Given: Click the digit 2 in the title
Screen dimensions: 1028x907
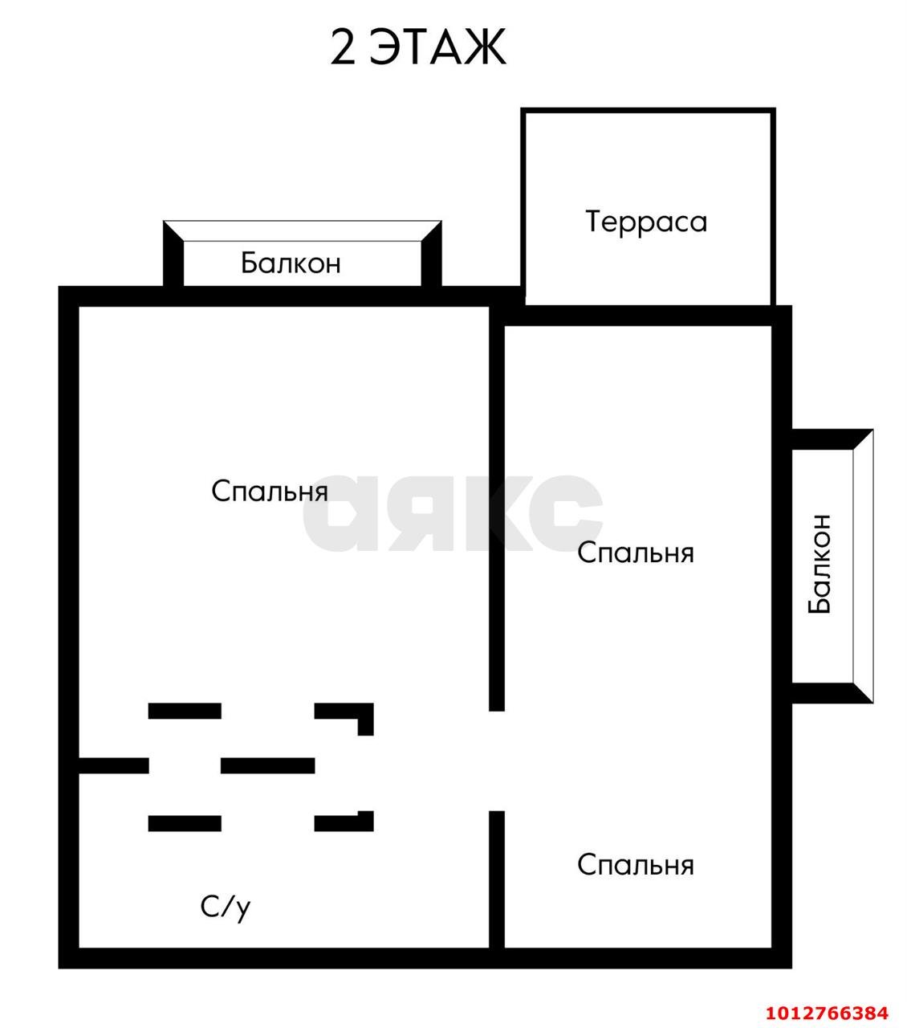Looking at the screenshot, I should pos(343,47).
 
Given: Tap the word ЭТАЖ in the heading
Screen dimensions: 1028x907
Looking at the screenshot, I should pos(438,47).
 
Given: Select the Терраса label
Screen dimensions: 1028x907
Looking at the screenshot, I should pos(646,222).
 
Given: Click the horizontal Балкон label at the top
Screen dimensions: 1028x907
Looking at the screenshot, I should pos(291,263).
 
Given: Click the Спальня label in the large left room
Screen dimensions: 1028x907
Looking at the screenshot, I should pos(270,491).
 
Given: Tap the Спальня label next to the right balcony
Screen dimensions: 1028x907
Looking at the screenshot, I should pos(635,553).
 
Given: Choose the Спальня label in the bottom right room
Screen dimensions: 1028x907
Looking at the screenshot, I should pos(635,865).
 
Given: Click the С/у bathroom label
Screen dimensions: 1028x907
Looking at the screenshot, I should pos(226,907).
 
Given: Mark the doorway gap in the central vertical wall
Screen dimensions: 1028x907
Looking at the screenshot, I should pos(497,761).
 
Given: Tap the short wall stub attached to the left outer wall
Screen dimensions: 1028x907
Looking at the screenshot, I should pos(113,765).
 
